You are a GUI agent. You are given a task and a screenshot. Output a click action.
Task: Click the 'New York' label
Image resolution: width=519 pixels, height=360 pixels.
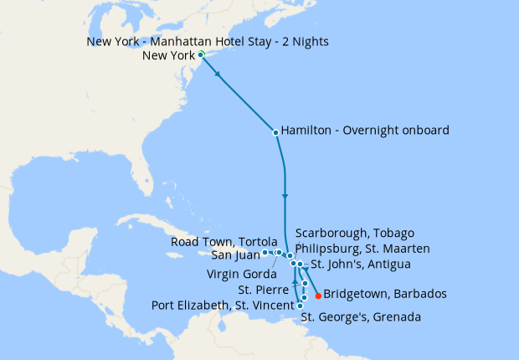[x=170, y=56]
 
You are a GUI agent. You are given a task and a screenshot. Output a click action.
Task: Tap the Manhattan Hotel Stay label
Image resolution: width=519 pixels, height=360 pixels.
[x=208, y=41]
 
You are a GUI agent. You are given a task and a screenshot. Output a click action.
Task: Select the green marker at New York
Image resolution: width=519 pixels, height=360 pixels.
[x=201, y=54]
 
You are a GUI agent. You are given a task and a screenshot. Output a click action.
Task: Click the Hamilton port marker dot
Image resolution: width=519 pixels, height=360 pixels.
[x=275, y=131]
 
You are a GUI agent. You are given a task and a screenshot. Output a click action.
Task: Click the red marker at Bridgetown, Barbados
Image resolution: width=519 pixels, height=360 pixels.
[x=318, y=295]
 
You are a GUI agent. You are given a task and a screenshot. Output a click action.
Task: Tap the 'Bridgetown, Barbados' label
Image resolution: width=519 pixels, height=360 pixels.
[x=385, y=294]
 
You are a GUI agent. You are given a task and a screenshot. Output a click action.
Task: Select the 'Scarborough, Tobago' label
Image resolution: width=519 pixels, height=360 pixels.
[x=355, y=233]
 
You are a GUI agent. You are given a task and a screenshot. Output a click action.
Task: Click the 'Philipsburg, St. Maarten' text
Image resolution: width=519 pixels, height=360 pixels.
[x=363, y=249]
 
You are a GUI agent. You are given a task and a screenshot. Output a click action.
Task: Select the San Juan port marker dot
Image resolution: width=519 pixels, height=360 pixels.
[x=265, y=252]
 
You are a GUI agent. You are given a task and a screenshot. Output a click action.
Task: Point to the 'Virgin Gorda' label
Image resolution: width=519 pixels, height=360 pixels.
[x=240, y=273]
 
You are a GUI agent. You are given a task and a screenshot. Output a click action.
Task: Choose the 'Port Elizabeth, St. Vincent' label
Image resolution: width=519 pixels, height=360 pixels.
[x=222, y=305]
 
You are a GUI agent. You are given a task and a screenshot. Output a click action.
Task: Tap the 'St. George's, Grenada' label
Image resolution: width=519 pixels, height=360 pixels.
[x=361, y=317]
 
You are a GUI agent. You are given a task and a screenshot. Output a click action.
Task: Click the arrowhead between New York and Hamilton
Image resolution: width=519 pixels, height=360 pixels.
[x=219, y=75]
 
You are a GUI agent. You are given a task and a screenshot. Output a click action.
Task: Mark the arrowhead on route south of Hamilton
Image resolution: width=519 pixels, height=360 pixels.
[x=285, y=196]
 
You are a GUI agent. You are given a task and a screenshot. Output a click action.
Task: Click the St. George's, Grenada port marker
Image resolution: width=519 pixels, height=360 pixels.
[x=301, y=306]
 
